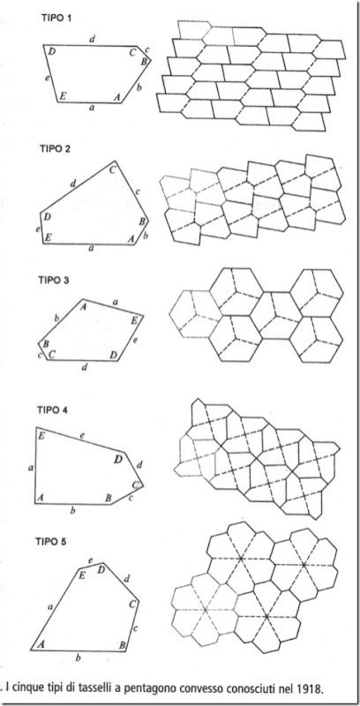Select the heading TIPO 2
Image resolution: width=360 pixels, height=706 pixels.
54,148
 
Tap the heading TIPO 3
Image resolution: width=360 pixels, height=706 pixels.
54,280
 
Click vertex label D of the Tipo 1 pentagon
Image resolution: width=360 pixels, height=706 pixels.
52,52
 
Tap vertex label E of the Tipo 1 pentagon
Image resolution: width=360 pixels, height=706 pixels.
64,95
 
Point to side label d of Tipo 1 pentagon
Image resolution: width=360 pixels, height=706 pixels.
93,40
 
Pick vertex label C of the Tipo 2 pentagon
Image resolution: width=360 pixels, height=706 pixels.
112,169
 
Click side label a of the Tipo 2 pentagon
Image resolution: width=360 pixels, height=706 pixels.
92,249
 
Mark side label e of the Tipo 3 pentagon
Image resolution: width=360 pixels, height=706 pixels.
136,340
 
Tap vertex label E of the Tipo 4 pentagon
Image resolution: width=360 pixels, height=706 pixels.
41,435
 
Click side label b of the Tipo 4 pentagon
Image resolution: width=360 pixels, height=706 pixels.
73,510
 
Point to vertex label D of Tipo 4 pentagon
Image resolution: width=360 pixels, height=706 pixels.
118,459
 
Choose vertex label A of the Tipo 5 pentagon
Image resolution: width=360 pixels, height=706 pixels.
41,644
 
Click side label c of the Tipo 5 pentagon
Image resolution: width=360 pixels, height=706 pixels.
136,627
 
